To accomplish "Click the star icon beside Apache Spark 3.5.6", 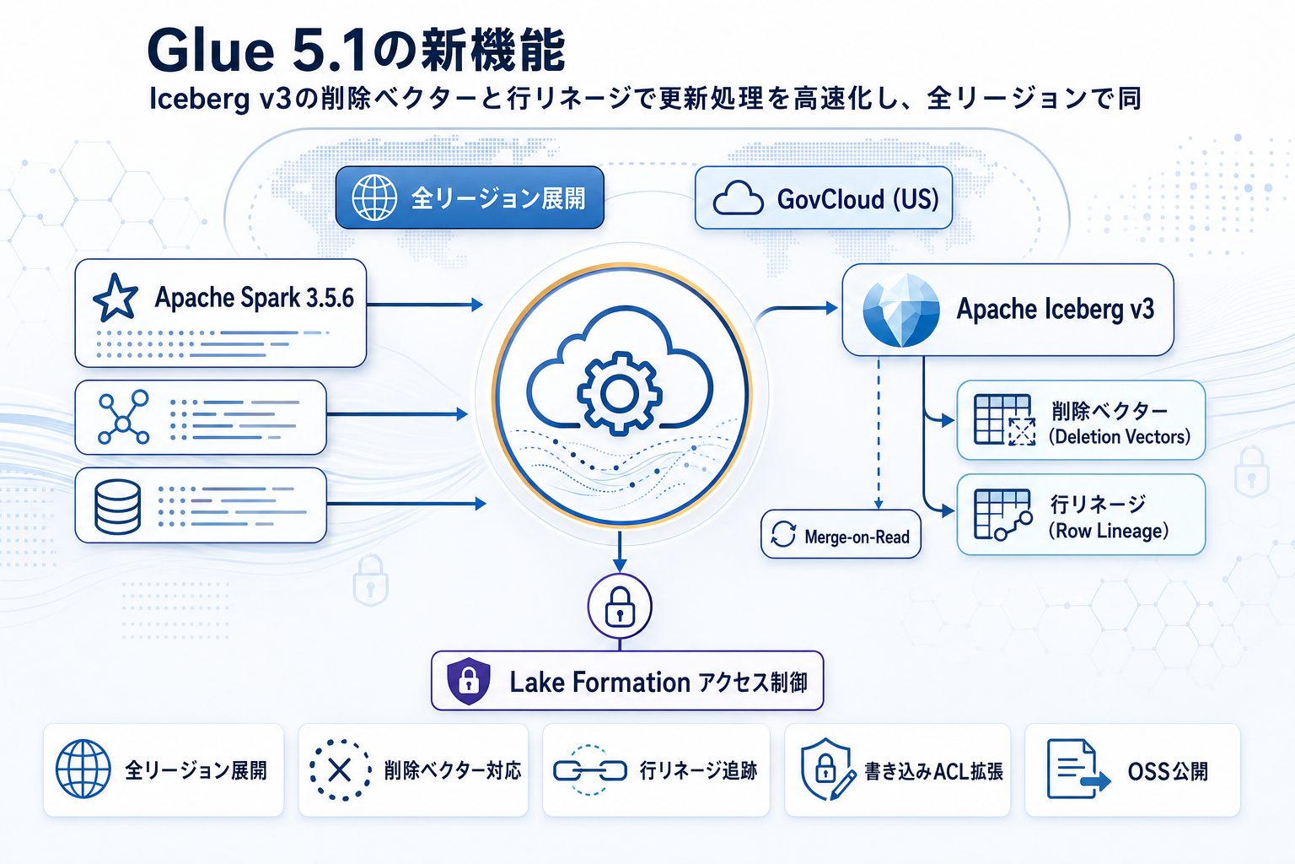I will pos(116,298).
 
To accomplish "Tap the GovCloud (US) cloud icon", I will pos(738,198).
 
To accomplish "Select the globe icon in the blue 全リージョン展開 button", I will pos(374,197).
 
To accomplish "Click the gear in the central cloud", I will pos(620,392).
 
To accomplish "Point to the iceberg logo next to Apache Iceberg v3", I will pos(900,310).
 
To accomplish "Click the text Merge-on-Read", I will pos(857,537).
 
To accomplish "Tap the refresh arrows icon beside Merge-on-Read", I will pos(783,534).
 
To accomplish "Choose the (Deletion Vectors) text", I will pos(1119,437).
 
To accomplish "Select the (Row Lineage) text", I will pos(1108,531).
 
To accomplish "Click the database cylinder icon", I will pos(117,506).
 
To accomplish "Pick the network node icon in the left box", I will pos(123,418).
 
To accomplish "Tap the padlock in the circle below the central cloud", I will pos(620,607).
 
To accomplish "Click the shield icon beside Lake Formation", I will pos(469,680).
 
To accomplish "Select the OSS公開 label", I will pos(1168,771).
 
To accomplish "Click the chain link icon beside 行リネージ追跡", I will pos(589,769).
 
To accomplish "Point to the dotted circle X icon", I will pos(340,769).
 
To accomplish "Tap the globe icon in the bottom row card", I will pos(83,769).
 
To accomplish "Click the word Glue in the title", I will pos(211,51).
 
